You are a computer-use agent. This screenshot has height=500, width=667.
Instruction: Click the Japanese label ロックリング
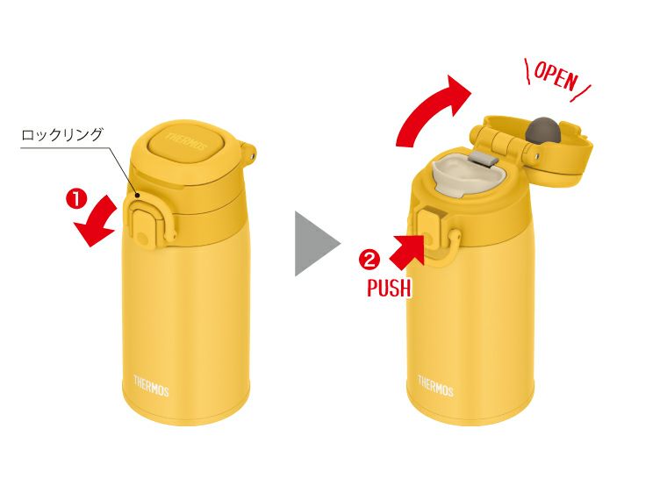62,134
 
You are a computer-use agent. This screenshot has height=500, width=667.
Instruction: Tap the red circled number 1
76,198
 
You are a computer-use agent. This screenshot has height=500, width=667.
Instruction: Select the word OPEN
555,78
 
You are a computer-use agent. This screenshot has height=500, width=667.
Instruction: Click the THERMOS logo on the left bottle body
151,385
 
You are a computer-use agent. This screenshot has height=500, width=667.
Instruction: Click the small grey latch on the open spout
480,159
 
